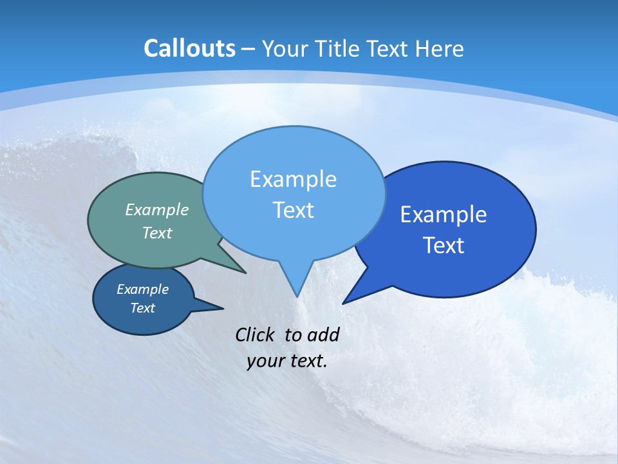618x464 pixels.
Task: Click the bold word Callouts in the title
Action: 190,49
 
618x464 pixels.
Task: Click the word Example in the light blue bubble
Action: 293,179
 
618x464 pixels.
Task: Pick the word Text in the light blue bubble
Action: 293,210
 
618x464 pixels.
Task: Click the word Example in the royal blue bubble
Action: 444,215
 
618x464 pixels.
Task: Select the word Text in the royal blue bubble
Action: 444,246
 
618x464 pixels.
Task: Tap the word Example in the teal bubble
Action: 157,209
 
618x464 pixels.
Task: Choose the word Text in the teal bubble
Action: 157,233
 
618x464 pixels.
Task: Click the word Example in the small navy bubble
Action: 142,289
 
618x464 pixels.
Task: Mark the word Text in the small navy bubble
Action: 142,308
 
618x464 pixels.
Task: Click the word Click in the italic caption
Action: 256,334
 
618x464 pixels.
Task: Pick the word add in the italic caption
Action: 323,334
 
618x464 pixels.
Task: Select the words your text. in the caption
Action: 287,361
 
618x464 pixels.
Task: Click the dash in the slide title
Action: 248,49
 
